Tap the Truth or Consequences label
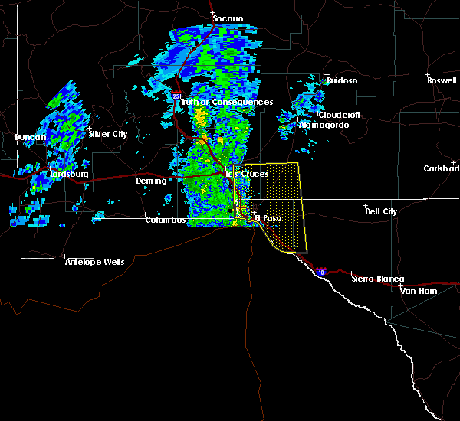pyautogui.click(x=225, y=103)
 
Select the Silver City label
pyautogui.click(x=108, y=134)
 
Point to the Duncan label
pyautogui.click(x=31, y=137)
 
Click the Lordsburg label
pyautogui.click(x=69, y=174)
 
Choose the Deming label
pyautogui.click(x=151, y=181)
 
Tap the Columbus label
pyautogui.click(x=166, y=220)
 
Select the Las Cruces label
pyautogui.click(x=247, y=174)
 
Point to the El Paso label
pyautogui.click(x=268, y=218)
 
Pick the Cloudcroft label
pyautogui.click(x=340, y=115)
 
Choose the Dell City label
pyautogui.click(x=381, y=211)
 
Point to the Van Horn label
pyautogui.click(x=418, y=291)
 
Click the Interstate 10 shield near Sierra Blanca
pyautogui.click(x=320, y=271)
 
